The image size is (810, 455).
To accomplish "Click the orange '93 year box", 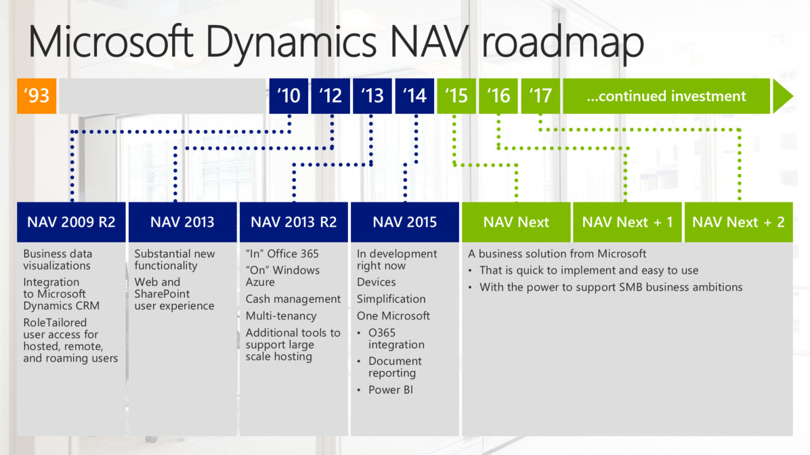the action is pos(37,96).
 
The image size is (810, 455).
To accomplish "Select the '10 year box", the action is pos(289,96).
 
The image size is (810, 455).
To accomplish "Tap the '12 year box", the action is pos(331,96).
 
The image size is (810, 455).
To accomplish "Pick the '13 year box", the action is pos(372,96).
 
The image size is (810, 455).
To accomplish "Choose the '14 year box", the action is pos(414,96).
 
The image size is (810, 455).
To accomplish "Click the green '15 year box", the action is pos(456,96).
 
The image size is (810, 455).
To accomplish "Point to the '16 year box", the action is pos(498,96).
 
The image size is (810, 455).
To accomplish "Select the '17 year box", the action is pos(540,96).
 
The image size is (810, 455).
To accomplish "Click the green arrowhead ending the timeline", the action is pos(783,96).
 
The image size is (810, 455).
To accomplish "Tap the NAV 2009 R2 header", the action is pos(71,222).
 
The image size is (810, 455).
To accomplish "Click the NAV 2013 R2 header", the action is pos(293,222).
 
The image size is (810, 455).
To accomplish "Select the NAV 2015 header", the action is pos(405,222).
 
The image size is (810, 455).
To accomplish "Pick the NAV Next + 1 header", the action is pos(627,222).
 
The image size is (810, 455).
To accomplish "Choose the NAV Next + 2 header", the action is pos(739,222).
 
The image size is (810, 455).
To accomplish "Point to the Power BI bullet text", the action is pos(391,390).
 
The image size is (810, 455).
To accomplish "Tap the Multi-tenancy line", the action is pos(281,316).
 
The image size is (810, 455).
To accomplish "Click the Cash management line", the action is pos(293,299).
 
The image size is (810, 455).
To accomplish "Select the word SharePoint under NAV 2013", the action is pos(162,294).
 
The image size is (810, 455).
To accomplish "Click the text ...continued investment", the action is pos(666,96).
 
